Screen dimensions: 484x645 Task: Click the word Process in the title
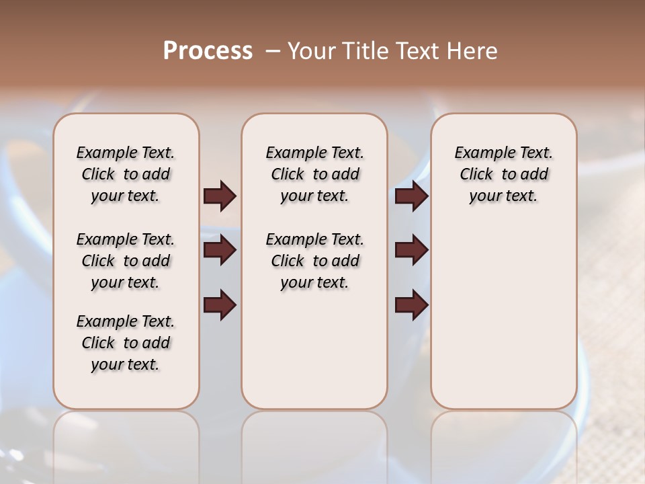[x=208, y=51]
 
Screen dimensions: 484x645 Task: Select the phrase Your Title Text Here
[x=392, y=51]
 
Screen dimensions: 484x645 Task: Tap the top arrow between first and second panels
[x=220, y=196]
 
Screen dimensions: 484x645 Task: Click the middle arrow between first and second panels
[x=220, y=251]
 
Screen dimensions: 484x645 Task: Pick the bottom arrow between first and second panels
[x=220, y=305]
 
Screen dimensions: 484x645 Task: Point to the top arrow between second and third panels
[x=411, y=196]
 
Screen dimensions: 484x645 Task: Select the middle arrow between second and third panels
[x=411, y=251]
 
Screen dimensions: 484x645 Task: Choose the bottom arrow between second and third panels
[x=411, y=305]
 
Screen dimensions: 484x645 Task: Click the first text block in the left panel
[x=126, y=174]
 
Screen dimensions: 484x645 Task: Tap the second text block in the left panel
[x=126, y=261]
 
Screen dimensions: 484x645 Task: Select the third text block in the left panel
[x=126, y=343]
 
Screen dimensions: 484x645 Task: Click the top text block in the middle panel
[x=314, y=174]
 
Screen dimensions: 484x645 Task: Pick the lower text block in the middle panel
[x=314, y=261]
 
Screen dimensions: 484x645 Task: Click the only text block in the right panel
[x=503, y=174]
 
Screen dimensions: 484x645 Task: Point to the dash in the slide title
[x=273, y=51]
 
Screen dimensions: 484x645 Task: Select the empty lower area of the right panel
[x=503, y=309]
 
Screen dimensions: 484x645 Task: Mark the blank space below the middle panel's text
[x=314, y=350]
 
